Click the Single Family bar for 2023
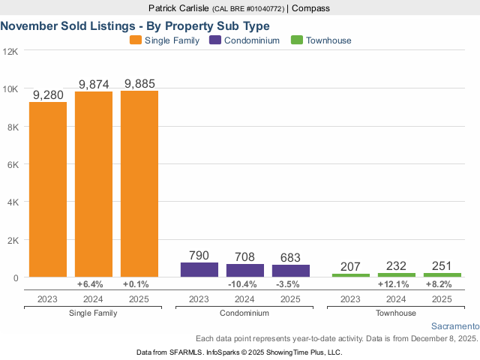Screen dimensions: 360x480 tap(48, 189)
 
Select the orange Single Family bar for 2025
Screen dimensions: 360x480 tap(139, 184)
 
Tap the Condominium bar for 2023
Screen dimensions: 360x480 tap(199, 270)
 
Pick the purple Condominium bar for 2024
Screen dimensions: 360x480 tap(245, 271)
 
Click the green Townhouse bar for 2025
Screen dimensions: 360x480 tap(442, 274)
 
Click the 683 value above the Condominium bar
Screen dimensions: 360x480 tap(290, 257)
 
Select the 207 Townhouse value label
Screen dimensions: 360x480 tap(351, 266)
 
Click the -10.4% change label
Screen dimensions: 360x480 tap(245, 285)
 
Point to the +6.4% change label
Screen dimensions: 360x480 tap(94, 285)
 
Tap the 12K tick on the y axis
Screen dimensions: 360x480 tap(10, 51)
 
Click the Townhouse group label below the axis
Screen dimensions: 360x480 tap(397, 311)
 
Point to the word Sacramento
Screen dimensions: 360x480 tap(455, 327)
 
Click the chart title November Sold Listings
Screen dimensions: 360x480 tap(135, 25)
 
